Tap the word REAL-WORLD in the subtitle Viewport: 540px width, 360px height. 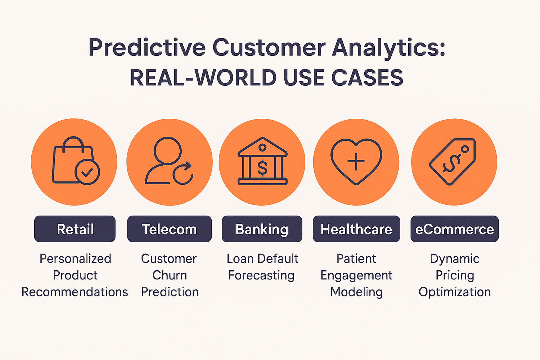[203, 78]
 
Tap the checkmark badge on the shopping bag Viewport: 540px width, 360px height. [87, 172]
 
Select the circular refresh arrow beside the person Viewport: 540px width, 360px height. [183, 173]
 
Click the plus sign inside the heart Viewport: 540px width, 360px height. [356, 162]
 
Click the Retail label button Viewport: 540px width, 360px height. [75, 229]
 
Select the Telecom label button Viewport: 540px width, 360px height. [169, 229]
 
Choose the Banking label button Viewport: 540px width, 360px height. [262, 229]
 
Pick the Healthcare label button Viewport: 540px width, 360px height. [356, 229]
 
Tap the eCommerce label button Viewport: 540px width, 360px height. [454, 229]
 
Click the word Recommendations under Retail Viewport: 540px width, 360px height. [75, 292]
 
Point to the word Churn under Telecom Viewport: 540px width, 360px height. [170, 275]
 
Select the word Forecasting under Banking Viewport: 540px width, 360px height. [261, 275]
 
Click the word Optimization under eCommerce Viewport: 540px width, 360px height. [454, 292]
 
